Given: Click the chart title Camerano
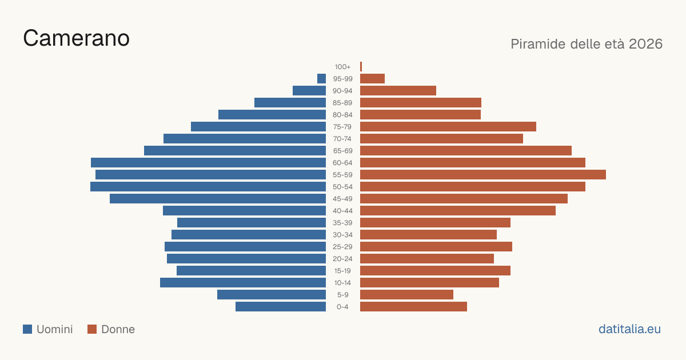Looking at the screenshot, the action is (76, 38).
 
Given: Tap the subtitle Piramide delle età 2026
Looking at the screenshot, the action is (587, 44).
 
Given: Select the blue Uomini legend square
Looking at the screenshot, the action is (27, 329).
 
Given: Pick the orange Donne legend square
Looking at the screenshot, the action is (92, 329).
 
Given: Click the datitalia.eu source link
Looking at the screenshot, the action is (629, 329).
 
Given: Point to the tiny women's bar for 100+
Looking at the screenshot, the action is (361, 67).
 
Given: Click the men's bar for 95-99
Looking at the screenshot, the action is (321, 79).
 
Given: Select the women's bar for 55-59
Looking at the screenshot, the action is (483, 175).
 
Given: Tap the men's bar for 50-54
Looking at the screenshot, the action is (208, 187).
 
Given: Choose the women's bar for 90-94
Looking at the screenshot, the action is (398, 91).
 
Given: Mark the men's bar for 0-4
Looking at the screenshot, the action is (281, 307).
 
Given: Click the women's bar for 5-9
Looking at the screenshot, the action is (406, 295).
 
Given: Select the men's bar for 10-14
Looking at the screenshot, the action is (243, 282).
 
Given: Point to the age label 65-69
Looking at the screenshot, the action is (342, 151).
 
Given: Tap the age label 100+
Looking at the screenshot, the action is (342, 67).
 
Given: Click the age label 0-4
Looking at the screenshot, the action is (342, 307).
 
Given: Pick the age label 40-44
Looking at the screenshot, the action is (342, 211).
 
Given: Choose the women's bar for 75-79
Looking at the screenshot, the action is (448, 127).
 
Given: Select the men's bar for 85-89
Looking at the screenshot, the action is (290, 102).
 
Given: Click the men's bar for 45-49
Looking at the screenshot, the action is (218, 199).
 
